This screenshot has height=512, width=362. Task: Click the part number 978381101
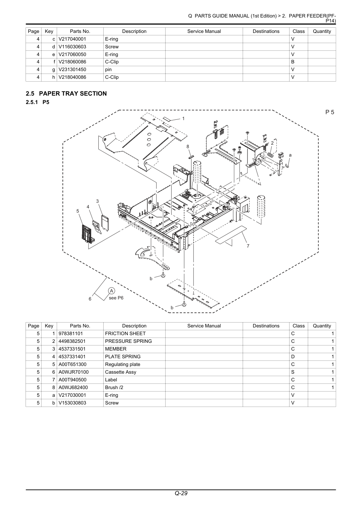[x=71, y=333]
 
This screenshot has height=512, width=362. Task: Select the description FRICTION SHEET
[x=125, y=333]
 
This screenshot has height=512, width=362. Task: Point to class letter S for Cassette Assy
[x=293, y=372]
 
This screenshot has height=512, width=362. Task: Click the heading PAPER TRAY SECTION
[x=73, y=94]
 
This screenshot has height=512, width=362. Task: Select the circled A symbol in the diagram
[x=112, y=291]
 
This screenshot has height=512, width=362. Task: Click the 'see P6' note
[x=116, y=298]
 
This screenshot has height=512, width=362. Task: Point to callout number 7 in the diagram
[x=248, y=246]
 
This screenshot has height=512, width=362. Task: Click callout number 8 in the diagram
[x=188, y=146]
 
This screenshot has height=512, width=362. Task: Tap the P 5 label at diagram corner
[x=330, y=112]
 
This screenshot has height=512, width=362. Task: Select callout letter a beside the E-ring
[x=290, y=155]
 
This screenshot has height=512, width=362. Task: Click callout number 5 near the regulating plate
[x=78, y=211]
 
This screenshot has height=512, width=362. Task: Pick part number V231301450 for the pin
[x=72, y=69]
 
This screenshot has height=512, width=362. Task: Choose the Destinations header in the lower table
[x=266, y=326]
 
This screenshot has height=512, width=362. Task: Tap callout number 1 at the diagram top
[x=183, y=119]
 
